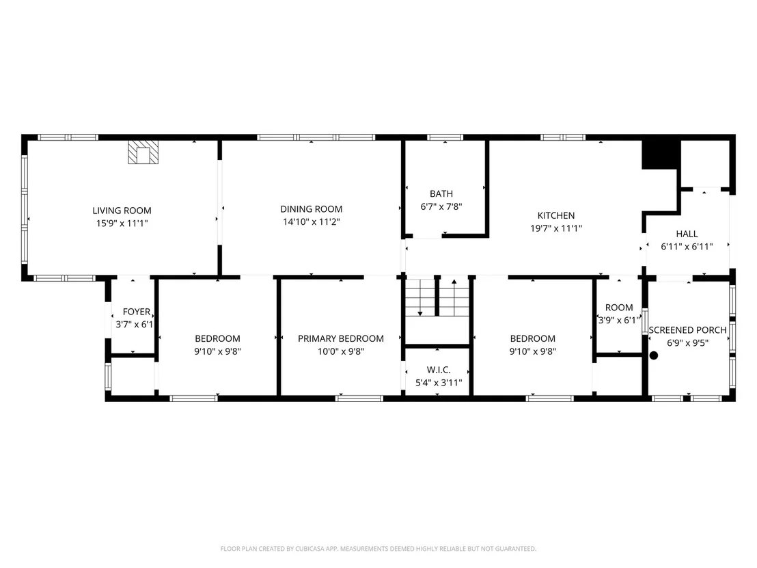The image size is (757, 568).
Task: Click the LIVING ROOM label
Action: (122, 211)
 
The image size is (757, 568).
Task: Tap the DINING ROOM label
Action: (312, 209)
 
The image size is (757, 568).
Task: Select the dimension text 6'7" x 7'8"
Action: (441, 206)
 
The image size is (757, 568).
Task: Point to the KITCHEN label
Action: (556, 215)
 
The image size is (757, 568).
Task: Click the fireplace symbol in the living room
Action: (143, 152)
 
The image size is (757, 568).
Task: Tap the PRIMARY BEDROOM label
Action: (341, 338)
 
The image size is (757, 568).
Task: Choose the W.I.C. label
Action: (439, 370)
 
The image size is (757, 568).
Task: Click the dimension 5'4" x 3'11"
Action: (439, 383)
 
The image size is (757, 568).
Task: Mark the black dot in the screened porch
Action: (654, 355)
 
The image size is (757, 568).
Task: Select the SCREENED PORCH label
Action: (687, 330)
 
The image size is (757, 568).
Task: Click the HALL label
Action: (687, 234)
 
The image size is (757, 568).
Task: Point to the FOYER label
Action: (137, 312)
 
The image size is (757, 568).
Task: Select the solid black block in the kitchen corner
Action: (661, 154)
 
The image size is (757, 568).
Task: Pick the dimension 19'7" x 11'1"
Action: (556, 228)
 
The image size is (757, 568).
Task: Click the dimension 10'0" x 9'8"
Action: (341, 351)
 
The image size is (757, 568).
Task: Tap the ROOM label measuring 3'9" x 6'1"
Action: (619, 308)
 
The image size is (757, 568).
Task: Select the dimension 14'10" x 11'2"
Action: (312, 222)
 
